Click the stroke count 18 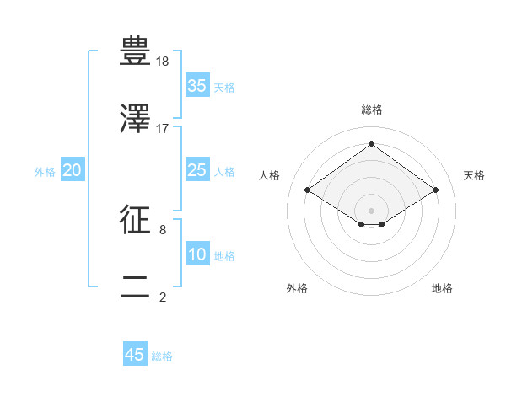(164, 62)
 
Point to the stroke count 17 (163, 129)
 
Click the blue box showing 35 (197, 86)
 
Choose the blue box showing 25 (197, 171)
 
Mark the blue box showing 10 (197, 255)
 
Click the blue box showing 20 (73, 171)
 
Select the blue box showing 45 (135, 355)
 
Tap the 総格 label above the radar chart (372, 110)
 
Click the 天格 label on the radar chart (474, 175)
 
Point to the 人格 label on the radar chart (270, 175)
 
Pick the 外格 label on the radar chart (297, 289)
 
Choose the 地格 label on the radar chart (442, 289)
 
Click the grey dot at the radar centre (372, 210)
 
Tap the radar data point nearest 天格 (435, 190)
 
